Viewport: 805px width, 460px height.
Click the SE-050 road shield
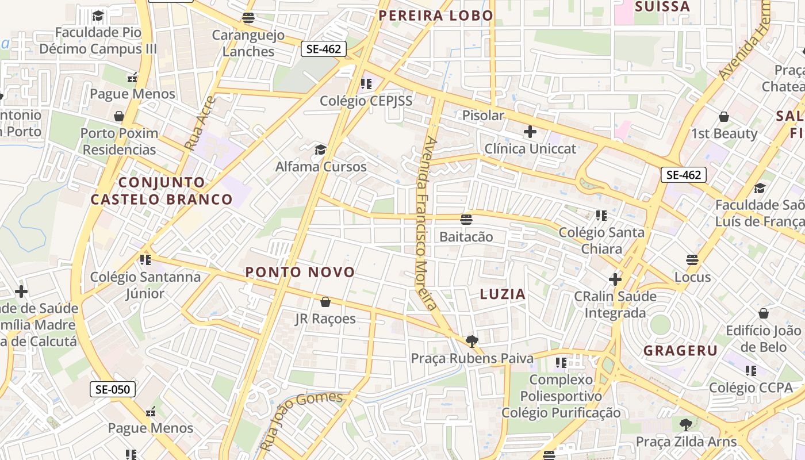(113, 389)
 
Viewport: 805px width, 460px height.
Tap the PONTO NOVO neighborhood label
(300, 272)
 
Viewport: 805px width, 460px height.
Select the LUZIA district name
(503, 294)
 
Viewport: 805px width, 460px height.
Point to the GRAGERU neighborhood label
(680, 351)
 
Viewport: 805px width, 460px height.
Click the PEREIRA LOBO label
(436, 16)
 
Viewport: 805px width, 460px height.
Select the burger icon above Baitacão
(466, 219)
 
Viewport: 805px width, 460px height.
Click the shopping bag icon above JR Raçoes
(325, 302)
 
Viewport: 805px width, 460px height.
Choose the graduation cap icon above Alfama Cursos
(320, 150)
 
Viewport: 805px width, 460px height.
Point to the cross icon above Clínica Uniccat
(530, 132)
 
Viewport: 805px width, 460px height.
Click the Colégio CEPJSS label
(366, 101)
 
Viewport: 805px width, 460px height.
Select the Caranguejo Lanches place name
(248, 43)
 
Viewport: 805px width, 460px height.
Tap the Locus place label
(692, 277)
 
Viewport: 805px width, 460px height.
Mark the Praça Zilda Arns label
(686, 442)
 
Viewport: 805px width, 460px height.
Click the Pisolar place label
(483, 116)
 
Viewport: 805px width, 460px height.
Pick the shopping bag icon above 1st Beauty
(724, 117)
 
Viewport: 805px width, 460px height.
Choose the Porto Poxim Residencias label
(119, 141)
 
